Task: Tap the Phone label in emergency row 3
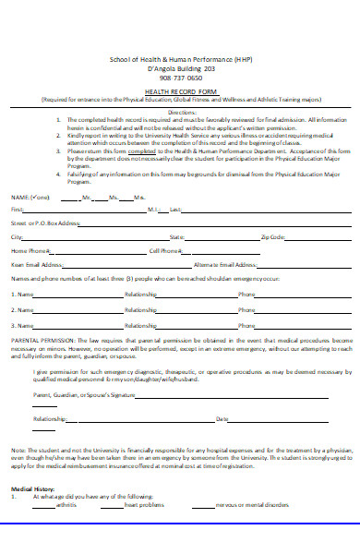[246, 326]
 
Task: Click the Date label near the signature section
[222, 419]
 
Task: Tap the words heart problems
[146, 506]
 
